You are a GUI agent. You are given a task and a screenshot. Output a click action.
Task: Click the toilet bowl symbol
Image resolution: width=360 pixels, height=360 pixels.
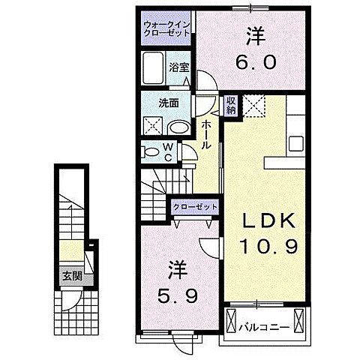coord(153,152)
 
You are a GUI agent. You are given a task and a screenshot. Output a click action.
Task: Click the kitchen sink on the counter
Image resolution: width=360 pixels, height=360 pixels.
coord(295,140)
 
